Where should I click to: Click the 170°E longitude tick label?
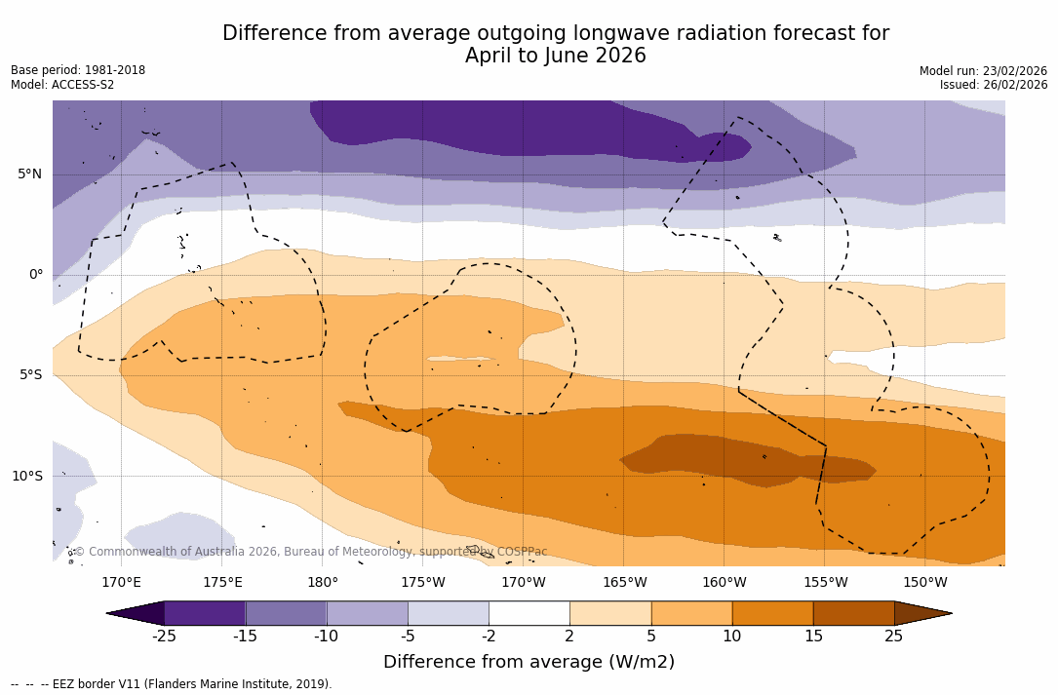(121, 583)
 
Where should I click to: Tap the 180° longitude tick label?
(323, 583)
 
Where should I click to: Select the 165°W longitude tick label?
(624, 583)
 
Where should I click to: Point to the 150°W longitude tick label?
(925, 583)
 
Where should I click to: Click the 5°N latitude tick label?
(29, 174)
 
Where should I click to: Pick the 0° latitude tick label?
(36, 275)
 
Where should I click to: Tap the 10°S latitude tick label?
(26, 477)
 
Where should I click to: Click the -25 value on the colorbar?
(164, 637)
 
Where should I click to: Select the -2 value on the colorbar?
(489, 637)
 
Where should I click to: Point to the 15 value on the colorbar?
(813, 637)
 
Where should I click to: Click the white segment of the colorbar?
(529, 613)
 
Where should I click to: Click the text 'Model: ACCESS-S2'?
(62, 85)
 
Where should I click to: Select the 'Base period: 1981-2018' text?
(78, 70)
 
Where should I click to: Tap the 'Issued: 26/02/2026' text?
(994, 85)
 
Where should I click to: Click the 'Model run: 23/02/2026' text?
(983, 71)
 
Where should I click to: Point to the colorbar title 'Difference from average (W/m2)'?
(529, 663)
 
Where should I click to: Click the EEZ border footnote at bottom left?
(172, 684)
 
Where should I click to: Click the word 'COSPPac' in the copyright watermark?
(522, 552)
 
